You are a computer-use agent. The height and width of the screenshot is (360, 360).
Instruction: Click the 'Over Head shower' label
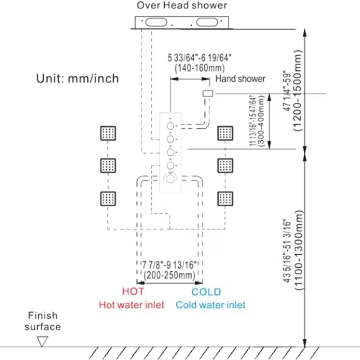[x=182, y=5]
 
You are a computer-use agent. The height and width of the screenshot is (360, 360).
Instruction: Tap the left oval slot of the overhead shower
[x=156, y=22]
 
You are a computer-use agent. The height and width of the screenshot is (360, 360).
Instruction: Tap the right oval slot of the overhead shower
[x=207, y=22]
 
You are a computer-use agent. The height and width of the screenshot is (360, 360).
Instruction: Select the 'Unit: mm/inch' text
[x=77, y=78]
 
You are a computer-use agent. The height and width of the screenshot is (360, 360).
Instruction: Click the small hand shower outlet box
[x=208, y=94]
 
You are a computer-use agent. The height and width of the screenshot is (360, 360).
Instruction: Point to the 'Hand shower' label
[x=240, y=79]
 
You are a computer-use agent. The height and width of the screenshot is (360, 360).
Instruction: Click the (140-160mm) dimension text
[x=200, y=68]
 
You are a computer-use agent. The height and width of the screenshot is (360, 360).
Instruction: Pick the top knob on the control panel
[x=171, y=126]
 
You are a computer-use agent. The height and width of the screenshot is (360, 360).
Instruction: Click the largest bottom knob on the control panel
[x=171, y=179]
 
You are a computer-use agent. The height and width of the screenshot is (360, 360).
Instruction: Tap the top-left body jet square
[x=108, y=133]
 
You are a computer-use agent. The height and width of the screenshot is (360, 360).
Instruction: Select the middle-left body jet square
[x=108, y=166]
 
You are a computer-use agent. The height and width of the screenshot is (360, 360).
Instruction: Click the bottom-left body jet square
[x=108, y=198]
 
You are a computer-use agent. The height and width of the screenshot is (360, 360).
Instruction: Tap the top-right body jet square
[x=225, y=133]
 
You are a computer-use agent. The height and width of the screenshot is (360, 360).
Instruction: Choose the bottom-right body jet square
[x=225, y=198]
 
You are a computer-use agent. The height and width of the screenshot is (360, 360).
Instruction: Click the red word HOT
[x=133, y=292]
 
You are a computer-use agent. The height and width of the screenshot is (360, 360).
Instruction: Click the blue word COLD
[x=206, y=292]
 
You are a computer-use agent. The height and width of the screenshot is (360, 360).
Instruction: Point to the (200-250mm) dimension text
[x=170, y=275]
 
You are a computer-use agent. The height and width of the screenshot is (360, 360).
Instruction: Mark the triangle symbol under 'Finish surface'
[x=42, y=341]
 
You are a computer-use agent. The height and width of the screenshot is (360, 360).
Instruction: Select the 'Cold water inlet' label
[x=211, y=305]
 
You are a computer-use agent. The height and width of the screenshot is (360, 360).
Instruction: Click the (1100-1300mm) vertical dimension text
[x=299, y=250]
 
